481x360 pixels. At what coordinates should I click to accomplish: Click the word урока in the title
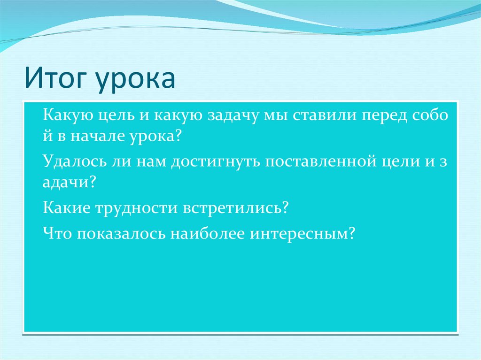pos(135,80)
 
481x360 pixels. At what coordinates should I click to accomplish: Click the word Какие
pos(67,207)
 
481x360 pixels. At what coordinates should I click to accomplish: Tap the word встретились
pos(232,208)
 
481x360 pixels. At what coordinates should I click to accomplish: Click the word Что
pos(57,233)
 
